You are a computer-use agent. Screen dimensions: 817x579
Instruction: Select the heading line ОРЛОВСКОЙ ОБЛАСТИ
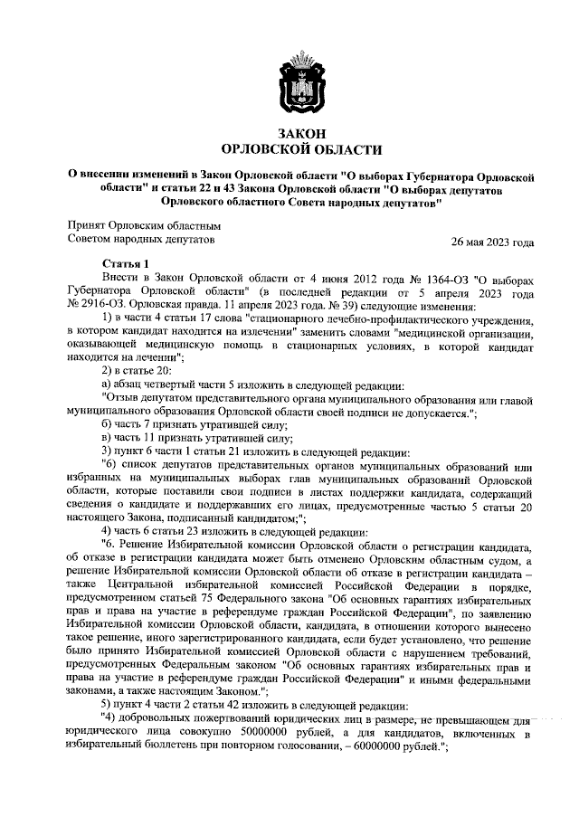(x=301, y=149)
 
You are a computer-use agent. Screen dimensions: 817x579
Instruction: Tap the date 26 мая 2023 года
(x=492, y=242)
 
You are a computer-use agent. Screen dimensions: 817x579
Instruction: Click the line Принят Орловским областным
(x=144, y=224)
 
